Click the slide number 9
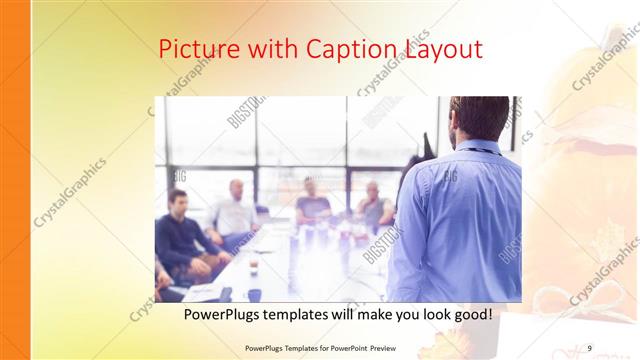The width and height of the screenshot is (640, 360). [x=590, y=347]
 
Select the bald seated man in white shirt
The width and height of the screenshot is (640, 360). [x=236, y=208]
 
